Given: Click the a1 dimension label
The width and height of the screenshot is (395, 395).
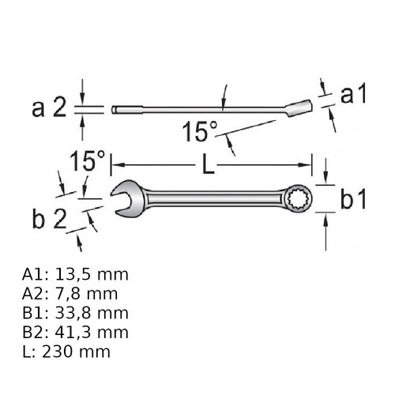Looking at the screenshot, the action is (x=353, y=95).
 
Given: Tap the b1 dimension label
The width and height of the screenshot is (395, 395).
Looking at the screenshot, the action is (x=353, y=199).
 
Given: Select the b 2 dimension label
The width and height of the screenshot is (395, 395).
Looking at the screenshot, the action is (x=49, y=220).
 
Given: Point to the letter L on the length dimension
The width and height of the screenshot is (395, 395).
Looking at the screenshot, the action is (x=209, y=165).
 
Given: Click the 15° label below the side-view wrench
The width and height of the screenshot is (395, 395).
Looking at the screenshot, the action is (x=200, y=132).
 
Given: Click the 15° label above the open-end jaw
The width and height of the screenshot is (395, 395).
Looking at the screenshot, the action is (x=87, y=160).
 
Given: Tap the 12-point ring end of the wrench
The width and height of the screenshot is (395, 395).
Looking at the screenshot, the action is (x=299, y=198).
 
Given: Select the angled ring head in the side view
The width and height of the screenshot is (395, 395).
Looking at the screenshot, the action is (x=299, y=107).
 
